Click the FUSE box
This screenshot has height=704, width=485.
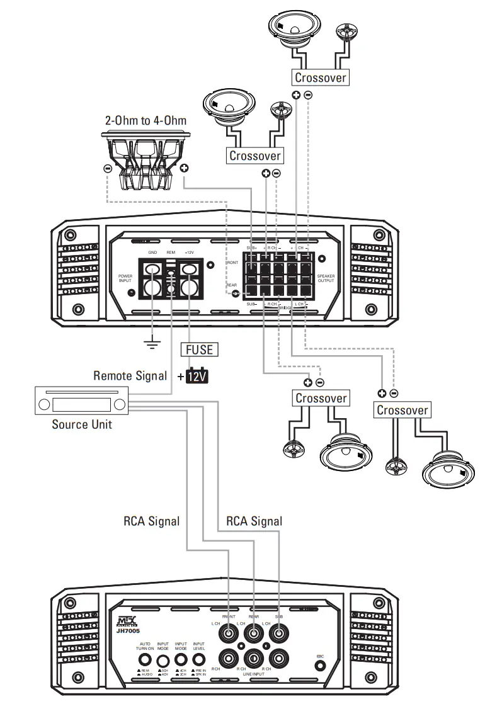click(199, 348)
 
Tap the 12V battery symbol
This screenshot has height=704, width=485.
click(197, 377)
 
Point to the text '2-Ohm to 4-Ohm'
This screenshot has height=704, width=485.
click(146, 120)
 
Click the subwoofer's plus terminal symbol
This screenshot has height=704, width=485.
click(184, 169)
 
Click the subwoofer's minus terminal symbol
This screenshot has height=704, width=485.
click(107, 169)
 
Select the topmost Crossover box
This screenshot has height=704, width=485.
click(319, 77)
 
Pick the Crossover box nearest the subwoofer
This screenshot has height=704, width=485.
click(254, 155)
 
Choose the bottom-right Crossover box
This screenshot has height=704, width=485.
click(402, 410)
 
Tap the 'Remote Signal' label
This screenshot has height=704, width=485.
click(130, 376)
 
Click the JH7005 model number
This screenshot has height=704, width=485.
click(128, 630)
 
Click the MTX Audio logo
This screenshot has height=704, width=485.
click(127, 620)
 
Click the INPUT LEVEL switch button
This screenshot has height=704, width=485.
click(198, 661)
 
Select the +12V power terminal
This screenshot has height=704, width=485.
click(190, 270)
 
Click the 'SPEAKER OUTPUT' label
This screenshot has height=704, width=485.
click(326, 278)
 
